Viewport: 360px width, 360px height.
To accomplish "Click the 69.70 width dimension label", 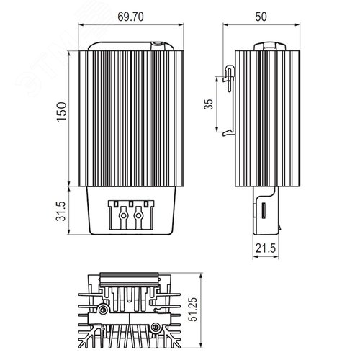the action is pyautogui.click(x=131, y=17).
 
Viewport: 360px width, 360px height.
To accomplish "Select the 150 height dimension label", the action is pyautogui.click(x=61, y=112).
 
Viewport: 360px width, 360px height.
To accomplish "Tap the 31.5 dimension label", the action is pyautogui.click(x=61, y=211).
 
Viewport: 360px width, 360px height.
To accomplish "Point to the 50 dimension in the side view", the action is pyautogui.click(x=261, y=17).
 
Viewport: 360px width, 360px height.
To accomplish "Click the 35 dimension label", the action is pyautogui.click(x=208, y=104).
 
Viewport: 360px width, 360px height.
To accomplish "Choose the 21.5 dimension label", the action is pyautogui.click(x=266, y=248).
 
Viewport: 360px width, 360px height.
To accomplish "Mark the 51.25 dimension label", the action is pyautogui.click(x=193, y=310).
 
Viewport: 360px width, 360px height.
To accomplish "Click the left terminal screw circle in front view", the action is pyautogui.click(x=123, y=215).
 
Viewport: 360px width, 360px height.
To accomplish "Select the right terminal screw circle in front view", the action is pyautogui.click(x=138, y=215).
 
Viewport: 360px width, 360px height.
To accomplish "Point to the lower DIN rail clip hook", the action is pyautogui.click(x=228, y=132).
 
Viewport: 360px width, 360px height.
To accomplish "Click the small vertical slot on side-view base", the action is pyautogui.click(x=264, y=211).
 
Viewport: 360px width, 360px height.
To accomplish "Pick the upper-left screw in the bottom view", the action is pyautogui.click(x=104, y=310).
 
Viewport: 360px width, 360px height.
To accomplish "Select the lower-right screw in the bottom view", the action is pyautogui.click(x=156, y=326).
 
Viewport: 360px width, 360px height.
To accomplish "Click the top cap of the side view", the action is pyautogui.click(x=270, y=46).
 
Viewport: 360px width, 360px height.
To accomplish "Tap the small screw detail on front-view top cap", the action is pyautogui.click(x=158, y=44).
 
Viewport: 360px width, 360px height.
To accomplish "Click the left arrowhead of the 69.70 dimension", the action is pyautogui.click(x=81, y=25).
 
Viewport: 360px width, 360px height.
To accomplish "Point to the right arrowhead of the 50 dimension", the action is pyautogui.click(x=297, y=24).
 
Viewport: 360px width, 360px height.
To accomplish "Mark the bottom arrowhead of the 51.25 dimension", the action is pyautogui.click(x=201, y=345).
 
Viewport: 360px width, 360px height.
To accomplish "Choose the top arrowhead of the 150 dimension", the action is pyautogui.click(x=69, y=53).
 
